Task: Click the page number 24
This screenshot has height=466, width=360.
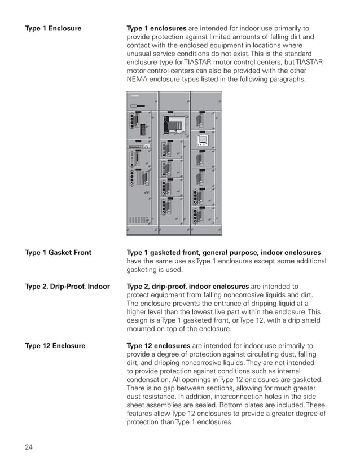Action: tap(29, 447)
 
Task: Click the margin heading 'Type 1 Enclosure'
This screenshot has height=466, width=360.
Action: tap(53, 28)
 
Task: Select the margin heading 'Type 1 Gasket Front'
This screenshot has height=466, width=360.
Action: tap(58, 253)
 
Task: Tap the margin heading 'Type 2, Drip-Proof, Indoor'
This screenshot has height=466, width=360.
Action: tap(67, 287)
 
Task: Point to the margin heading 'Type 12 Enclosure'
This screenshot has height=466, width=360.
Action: tap(55, 346)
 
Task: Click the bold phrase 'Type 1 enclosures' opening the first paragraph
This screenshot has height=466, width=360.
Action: tap(156, 28)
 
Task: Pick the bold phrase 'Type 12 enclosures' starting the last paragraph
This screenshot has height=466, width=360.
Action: tap(159, 346)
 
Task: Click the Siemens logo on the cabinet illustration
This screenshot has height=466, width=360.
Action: tap(134, 96)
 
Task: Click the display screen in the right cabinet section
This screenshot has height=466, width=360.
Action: tap(203, 139)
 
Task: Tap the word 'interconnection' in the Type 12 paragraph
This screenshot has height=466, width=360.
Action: tap(244, 397)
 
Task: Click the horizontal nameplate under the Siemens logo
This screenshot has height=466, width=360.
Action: tap(137, 105)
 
